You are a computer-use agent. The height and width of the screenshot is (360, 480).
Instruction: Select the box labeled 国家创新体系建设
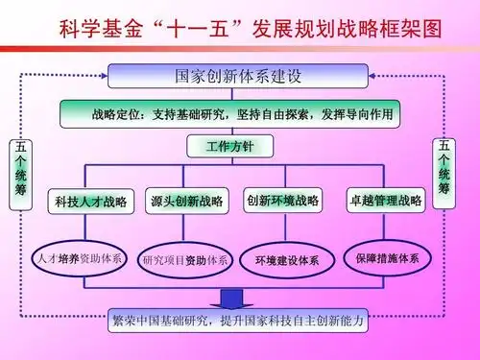pyautogui.click(x=237, y=76)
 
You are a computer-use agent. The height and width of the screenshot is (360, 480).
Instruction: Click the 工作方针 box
pyautogui.click(x=229, y=147)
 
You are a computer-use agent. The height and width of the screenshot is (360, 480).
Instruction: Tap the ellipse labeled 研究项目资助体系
pyautogui.click(x=184, y=259)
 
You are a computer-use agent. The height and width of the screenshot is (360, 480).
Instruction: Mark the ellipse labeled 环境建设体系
pyautogui.click(x=287, y=259)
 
